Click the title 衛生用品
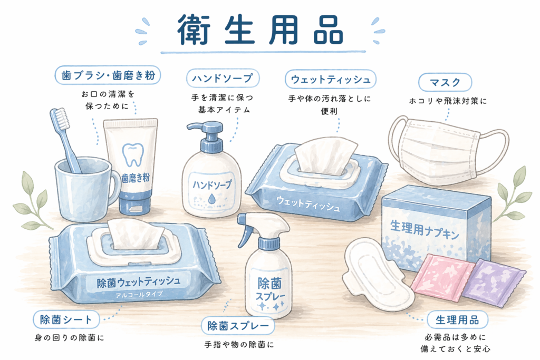[x=261, y=30]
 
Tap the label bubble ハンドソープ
[x=223, y=78]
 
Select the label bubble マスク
[x=445, y=82]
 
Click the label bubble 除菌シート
[x=66, y=320]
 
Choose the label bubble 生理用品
[x=457, y=320]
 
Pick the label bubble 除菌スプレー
[x=238, y=326]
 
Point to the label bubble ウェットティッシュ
[x=331, y=79]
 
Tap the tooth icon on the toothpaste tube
[x=132, y=154]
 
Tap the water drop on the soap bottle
[x=211, y=198]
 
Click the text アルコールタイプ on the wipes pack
[x=139, y=295]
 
